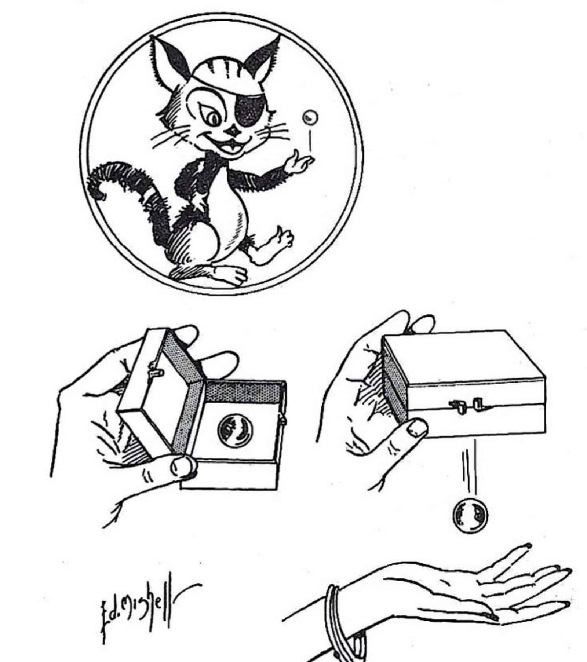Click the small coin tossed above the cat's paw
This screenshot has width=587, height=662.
tap(309, 117)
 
